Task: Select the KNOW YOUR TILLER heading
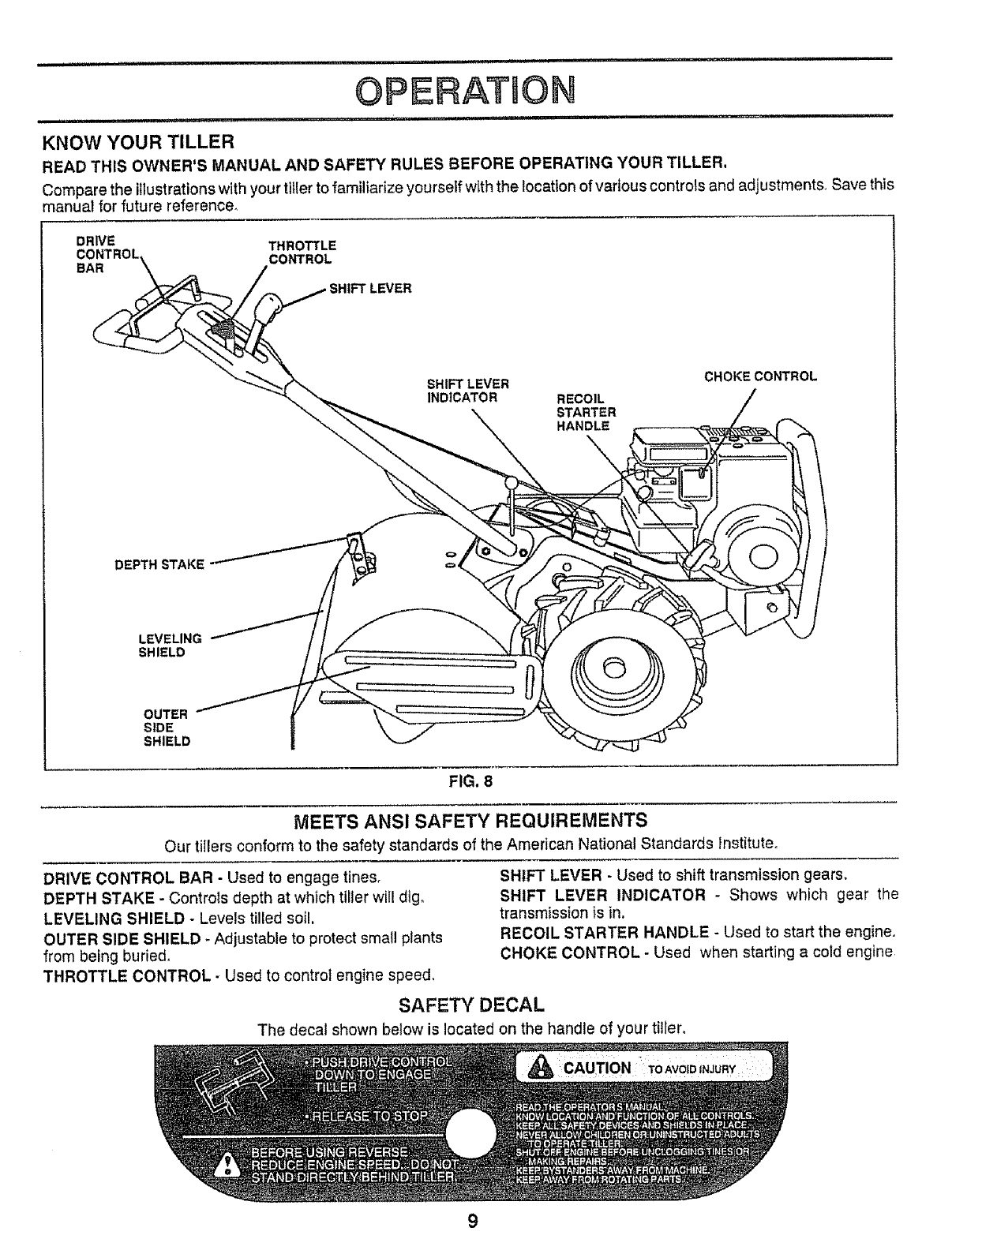[137, 143]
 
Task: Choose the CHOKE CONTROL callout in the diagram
[759, 376]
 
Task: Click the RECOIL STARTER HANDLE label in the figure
[585, 412]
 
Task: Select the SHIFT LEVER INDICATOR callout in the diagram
[467, 391]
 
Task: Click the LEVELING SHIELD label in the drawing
[169, 645]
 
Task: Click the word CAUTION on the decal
[596, 1068]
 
